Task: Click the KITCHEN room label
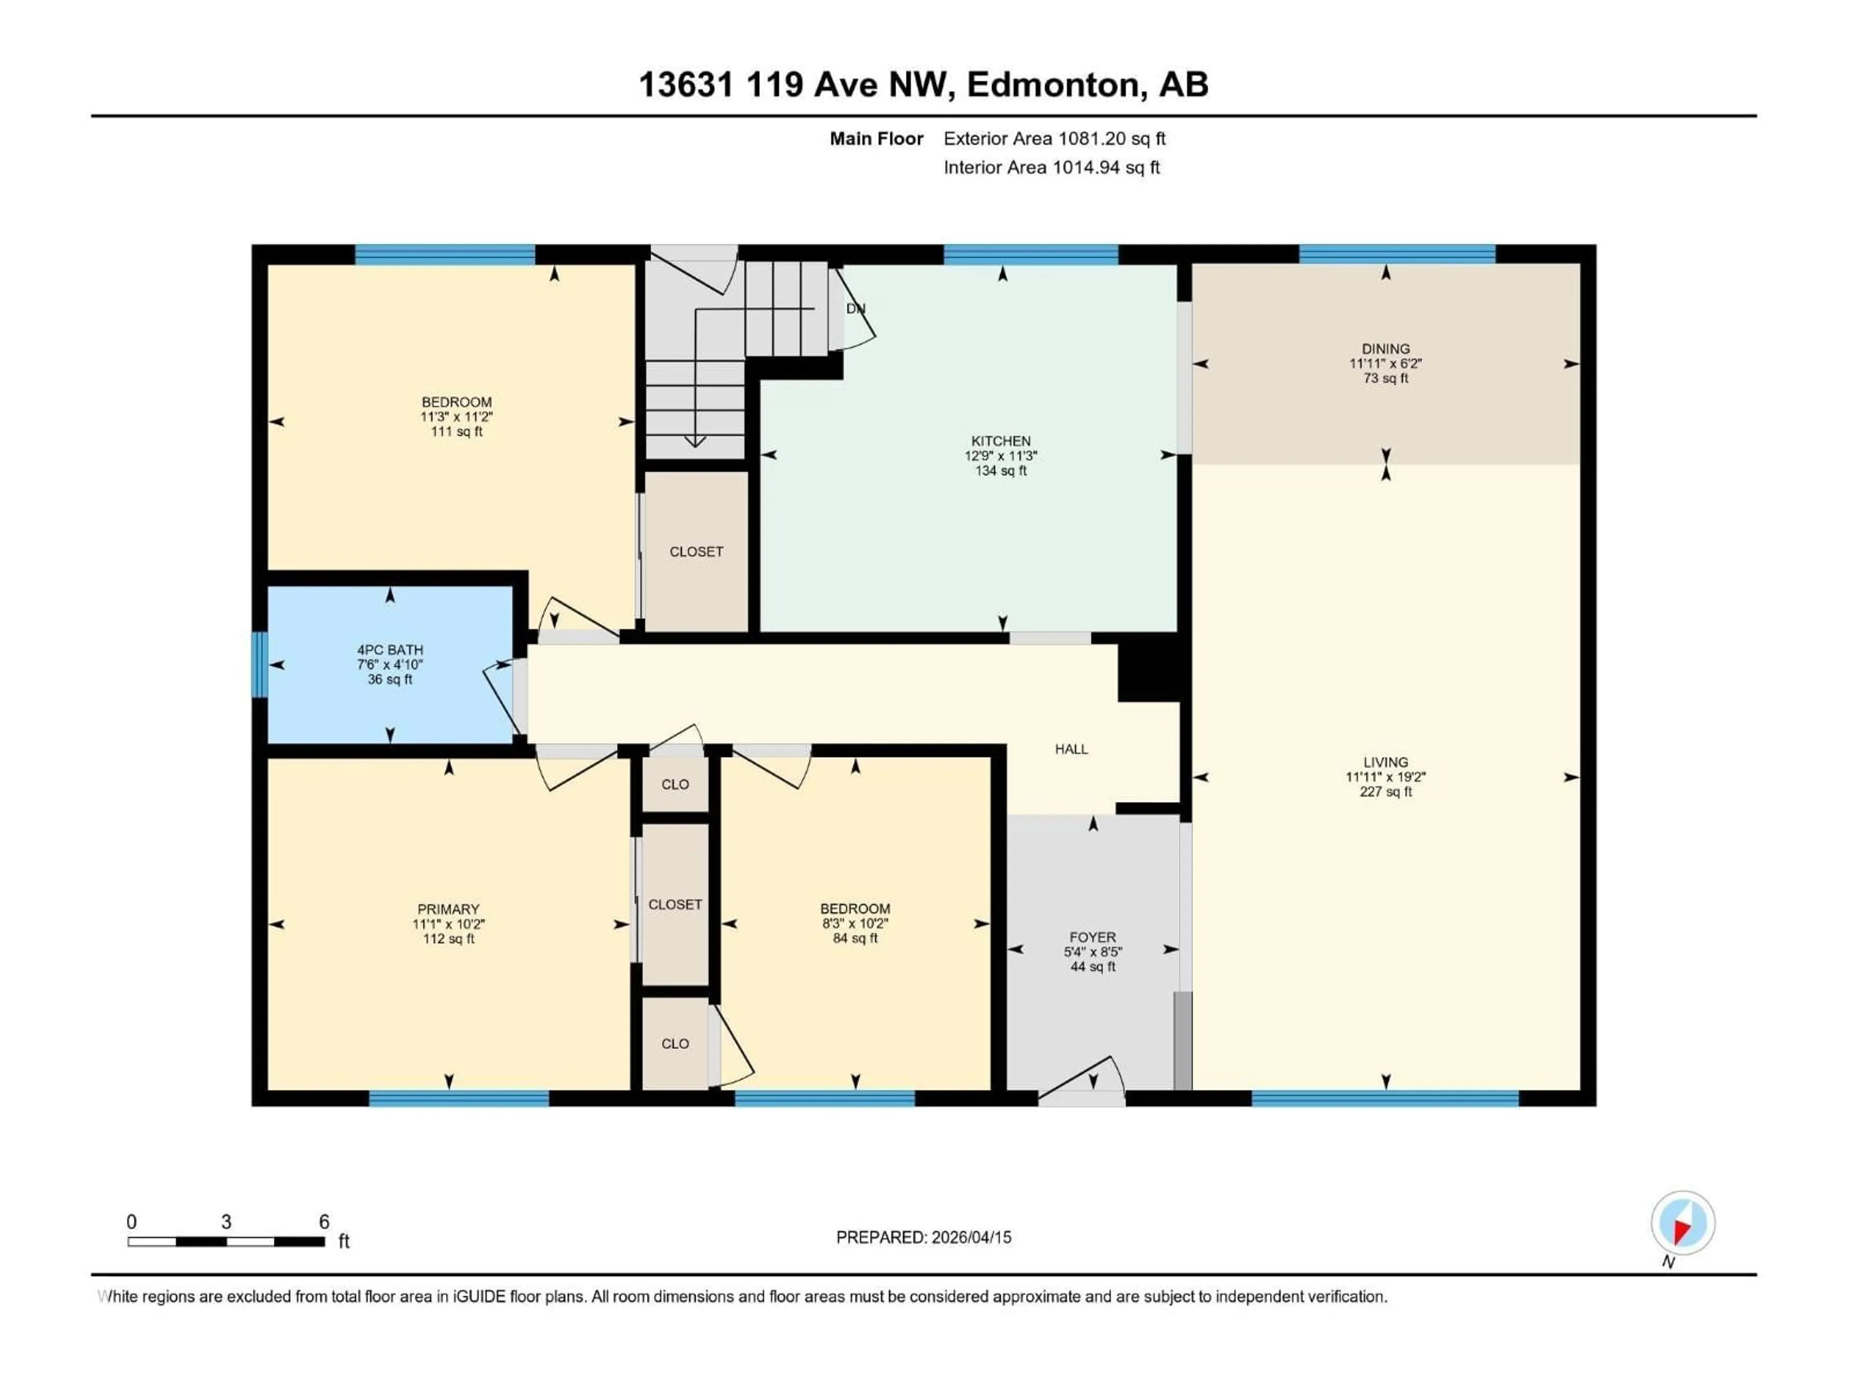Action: click(x=1001, y=441)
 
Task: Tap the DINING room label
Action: click(x=1385, y=349)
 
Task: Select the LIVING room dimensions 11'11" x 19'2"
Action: click(x=1385, y=777)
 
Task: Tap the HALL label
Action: click(x=1071, y=749)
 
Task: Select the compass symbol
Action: click(x=1683, y=1223)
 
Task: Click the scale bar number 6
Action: click(x=325, y=1221)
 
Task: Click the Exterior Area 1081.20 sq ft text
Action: click(x=1054, y=139)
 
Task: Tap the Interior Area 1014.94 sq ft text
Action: click(x=1052, y=167)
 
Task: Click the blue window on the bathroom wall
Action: click(x=260, y=665)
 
